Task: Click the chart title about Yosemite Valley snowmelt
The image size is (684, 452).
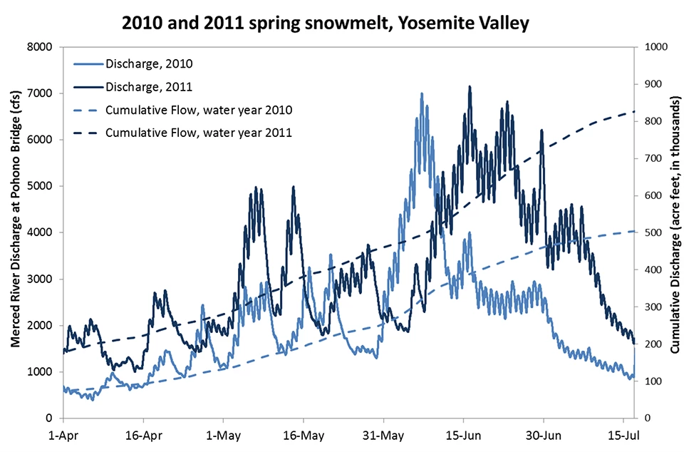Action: [326, 23]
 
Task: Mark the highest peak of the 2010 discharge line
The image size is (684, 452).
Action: [421, 93]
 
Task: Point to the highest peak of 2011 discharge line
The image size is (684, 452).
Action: [470, 86]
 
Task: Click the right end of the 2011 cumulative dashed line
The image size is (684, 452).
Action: [634, 111]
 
